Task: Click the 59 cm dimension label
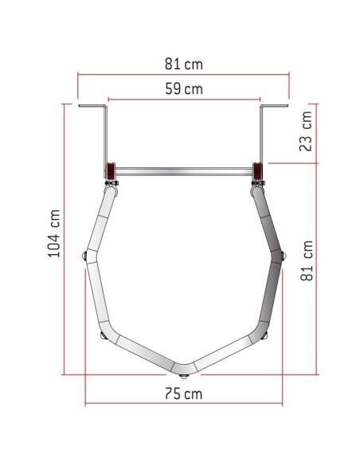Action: pyautogui.click(x=184, y=89)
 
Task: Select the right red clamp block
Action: pyautogui.click(x=259, y=172)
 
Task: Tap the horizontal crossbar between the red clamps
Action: pyautogui.click(x=184, y=170)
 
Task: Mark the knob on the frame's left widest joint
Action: pyautogui.click(x=84, y=256)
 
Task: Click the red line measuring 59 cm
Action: pyautogui.click(x=184, y=100)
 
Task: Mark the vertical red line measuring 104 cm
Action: pyautogui.click(x=65, y=238)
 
